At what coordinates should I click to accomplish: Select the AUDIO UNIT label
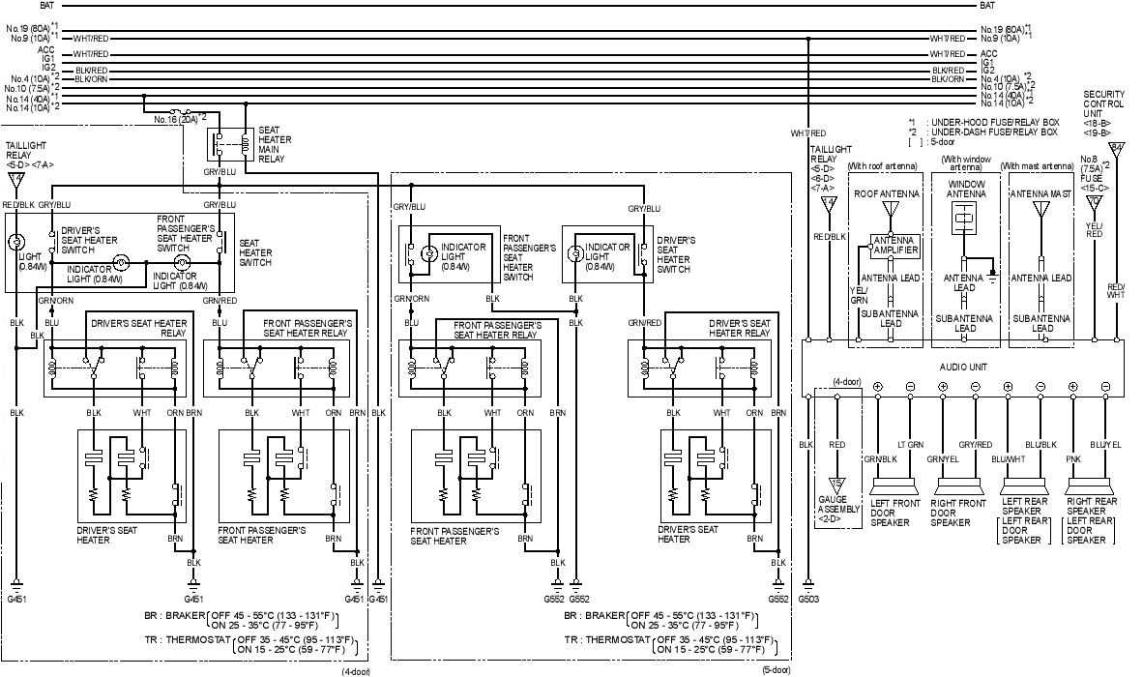click(x=962, y=368)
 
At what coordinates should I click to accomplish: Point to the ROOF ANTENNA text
click(x=886, y=193)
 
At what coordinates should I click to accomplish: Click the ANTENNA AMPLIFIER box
click(x=894, y=246)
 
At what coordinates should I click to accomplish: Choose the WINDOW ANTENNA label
click(x=965, y=189)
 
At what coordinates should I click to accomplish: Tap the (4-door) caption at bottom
click(x=354, y=670)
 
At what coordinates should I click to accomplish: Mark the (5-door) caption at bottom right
click(x=776, y=669)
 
